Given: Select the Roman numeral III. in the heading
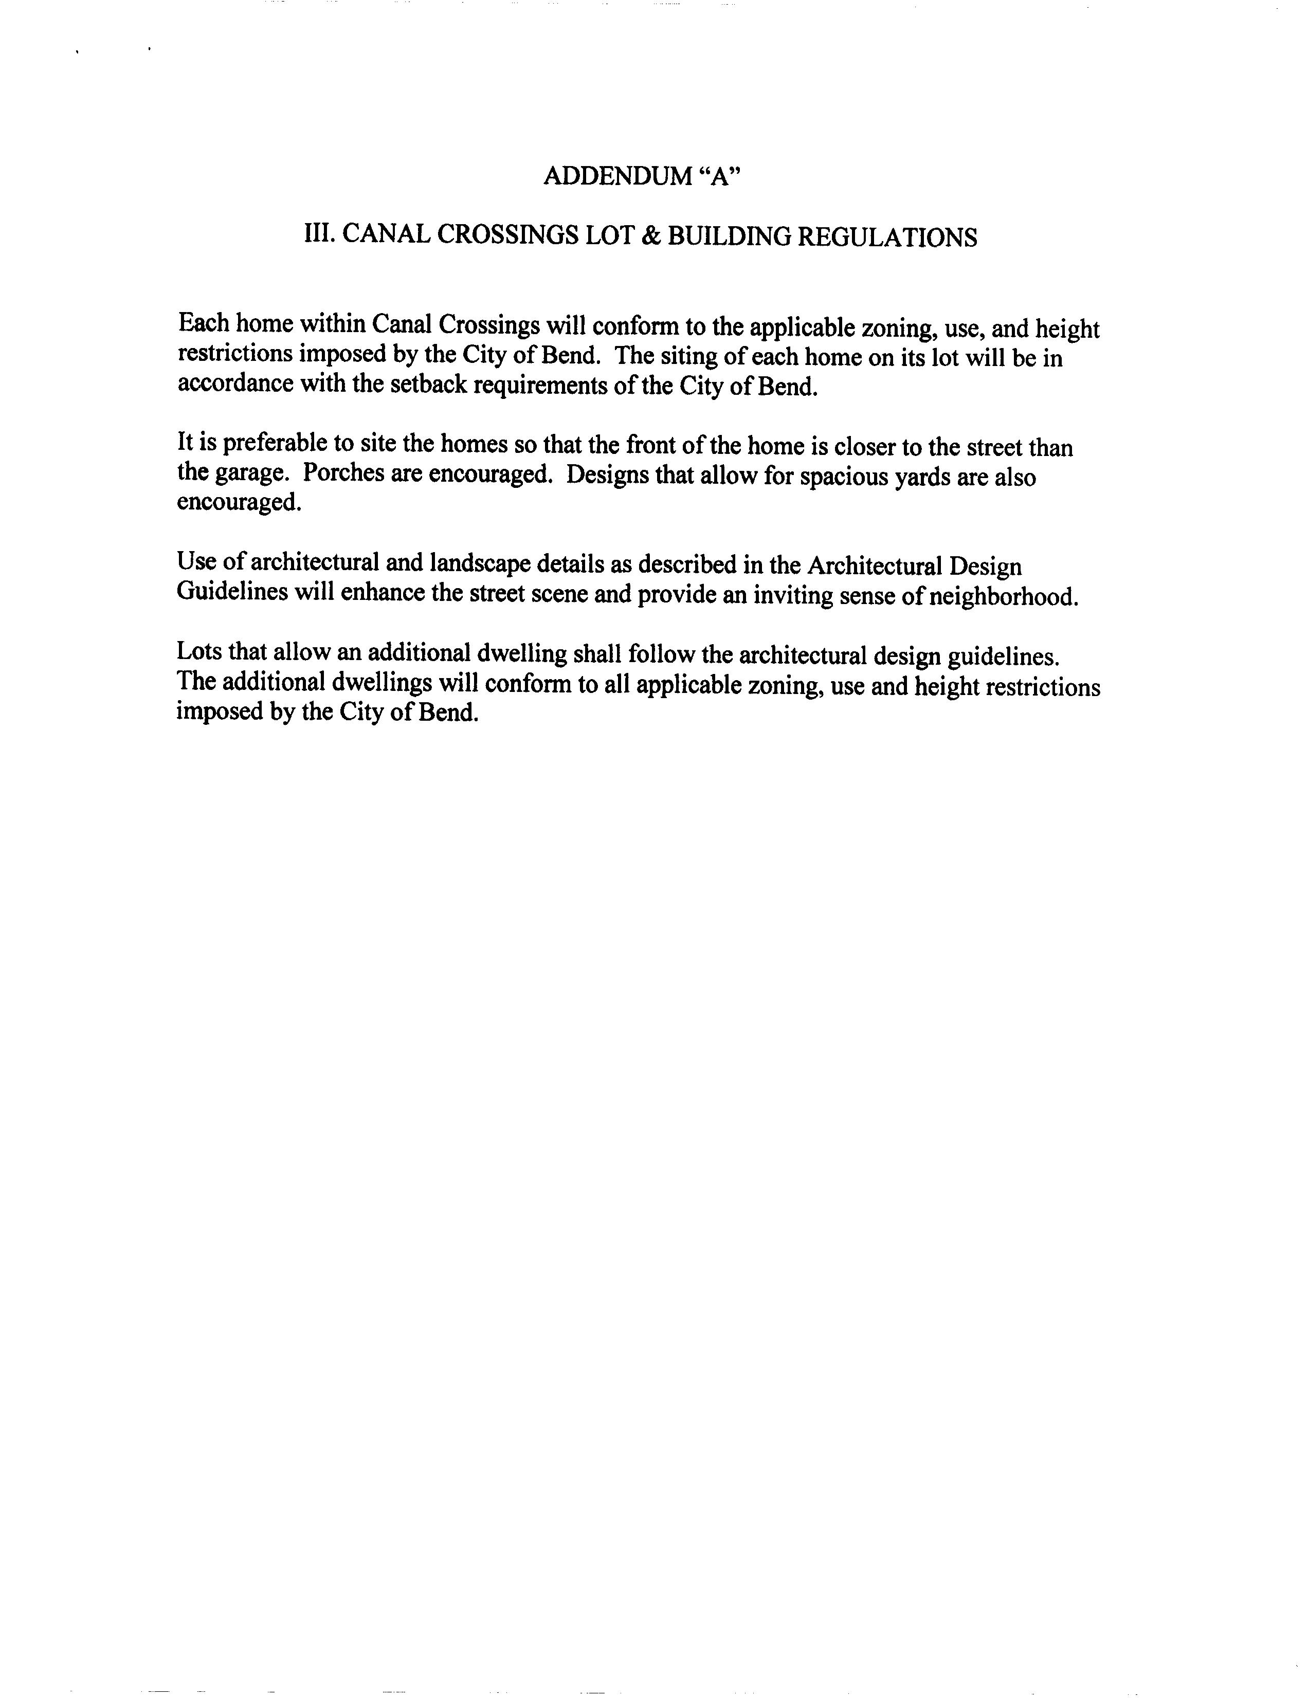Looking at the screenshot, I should [x=319, y=235].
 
